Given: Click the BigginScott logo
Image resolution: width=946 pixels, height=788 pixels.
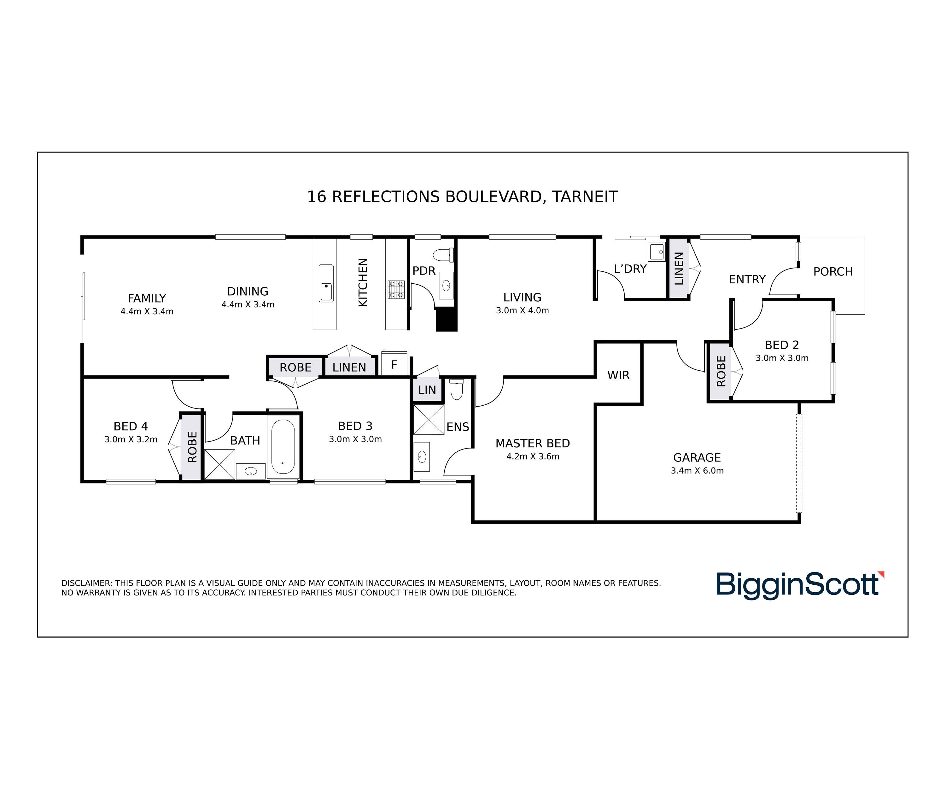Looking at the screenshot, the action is [800, 585].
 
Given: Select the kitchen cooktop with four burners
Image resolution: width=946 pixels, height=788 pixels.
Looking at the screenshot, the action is [396, 290].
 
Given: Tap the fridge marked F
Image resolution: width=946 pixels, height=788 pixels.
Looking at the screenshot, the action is [394, 363].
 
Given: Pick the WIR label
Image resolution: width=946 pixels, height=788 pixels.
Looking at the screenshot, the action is [618, 375].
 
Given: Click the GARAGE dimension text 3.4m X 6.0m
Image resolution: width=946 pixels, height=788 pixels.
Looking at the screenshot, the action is [697, 471].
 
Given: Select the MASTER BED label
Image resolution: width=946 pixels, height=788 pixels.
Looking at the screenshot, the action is [533, 443].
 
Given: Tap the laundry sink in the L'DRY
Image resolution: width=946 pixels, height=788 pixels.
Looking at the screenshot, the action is [657, 251].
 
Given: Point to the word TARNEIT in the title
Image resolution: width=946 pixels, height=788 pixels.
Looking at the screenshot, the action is [585, 197].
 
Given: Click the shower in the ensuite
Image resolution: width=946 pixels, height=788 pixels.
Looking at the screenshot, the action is [429, 419].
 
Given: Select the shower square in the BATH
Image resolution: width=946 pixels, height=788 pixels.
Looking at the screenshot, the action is [220, 464].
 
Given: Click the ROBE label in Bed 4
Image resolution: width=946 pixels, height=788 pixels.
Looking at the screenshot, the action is [192, 447].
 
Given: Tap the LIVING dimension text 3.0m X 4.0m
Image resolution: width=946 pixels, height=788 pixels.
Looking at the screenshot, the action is [523, 310].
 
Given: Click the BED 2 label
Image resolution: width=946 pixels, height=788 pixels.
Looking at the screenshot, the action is [782, 345].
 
